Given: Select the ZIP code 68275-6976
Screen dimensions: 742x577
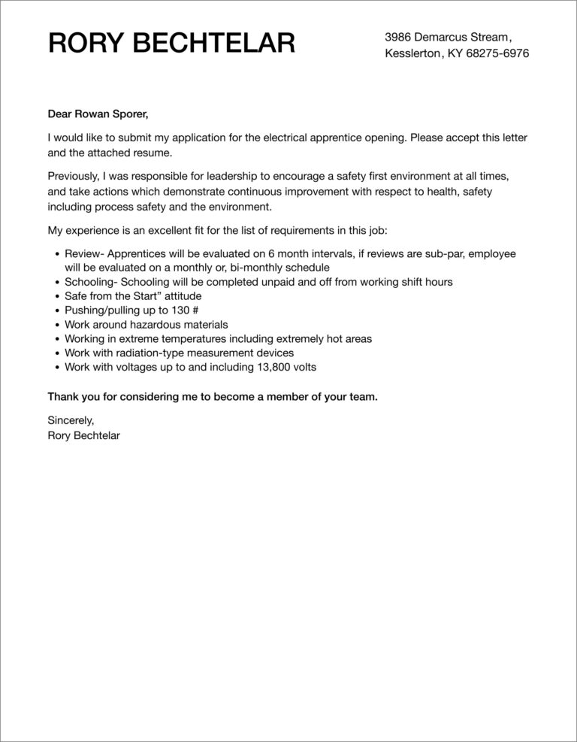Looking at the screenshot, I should pyautogui.click(x=488, y=54).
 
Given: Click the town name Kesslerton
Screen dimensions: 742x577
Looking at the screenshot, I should pyautogui.click(x=412, y=54).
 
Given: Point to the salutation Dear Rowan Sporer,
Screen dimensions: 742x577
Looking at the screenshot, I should pyautogui.click(x=98, y=114).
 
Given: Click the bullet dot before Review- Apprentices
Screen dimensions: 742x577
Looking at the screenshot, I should pyautogui.click(x=57, y=255).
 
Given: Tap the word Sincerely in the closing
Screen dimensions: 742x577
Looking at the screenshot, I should pyautogui.click(x=71, y=420).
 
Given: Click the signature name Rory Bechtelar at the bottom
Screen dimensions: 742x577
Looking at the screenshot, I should pyautogui.click(x=83, y=435).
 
